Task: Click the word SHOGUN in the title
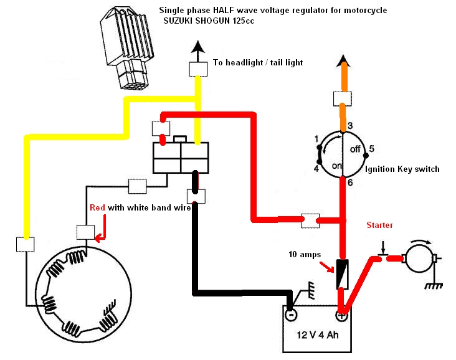[x=210, y=21]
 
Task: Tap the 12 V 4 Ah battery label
[x=318, y=335]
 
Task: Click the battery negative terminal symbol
[x=291, y=315]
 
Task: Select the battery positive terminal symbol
[x=341, y=315]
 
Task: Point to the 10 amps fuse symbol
[x=343, y=273]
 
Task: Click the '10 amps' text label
[x=305, y=255]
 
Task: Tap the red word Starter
[x=379, y=225]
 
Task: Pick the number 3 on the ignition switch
[x=350, y=126]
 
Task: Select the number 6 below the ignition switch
[x=350, y=182]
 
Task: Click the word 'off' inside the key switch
[x=355, y=149]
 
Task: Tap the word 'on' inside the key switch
[x=337, y=166]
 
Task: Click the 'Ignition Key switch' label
[x=402, y=169]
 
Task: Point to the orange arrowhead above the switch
[x=344, y=61]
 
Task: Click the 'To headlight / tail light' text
[x=258, y=62]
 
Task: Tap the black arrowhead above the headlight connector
[x=198, y=47]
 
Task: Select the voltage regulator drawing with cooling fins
[x=127, y=47]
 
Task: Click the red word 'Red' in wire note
[x=97, y=207]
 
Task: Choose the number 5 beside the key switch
[x=372, y=149]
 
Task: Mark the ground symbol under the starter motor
[x=434, y=285]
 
